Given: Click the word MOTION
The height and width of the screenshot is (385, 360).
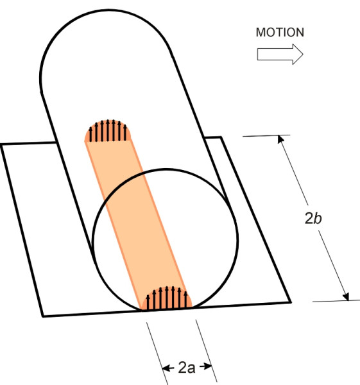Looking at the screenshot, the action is pos(280,33).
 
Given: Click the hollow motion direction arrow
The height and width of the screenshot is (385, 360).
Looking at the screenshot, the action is pos(280,55).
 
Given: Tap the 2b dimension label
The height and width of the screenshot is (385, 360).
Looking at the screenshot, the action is pos(313,218).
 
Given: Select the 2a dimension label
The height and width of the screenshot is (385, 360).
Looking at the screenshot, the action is pos(187,368).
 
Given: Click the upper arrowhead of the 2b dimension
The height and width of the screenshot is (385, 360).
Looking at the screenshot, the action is pos(280,139).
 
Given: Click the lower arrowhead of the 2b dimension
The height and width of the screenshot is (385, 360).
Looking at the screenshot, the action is pos(346,296).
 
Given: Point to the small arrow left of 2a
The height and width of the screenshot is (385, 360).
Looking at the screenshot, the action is pos(167,368).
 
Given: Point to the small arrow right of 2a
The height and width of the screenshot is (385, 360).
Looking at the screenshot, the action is pos(206,366).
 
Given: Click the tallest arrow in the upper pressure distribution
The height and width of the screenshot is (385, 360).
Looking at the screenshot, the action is pos(108,130).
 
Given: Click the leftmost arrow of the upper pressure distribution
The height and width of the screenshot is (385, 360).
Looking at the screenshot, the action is pos(90,134).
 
